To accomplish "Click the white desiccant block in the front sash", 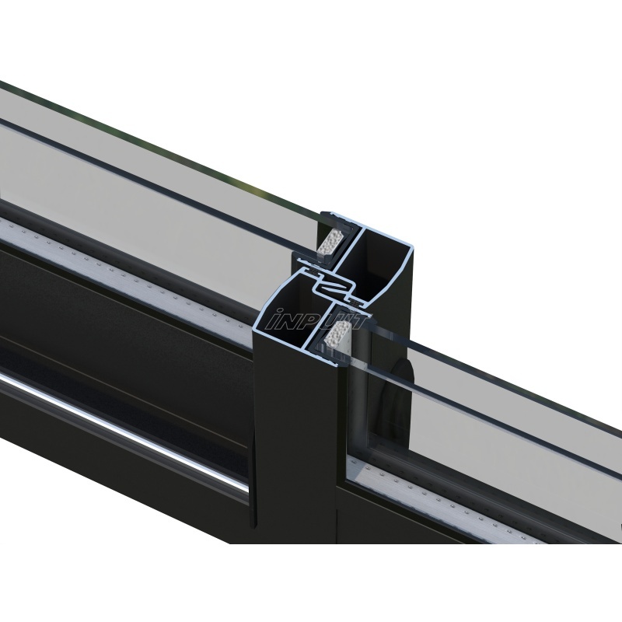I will [337, 339].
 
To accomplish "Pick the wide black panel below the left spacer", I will [117, 311].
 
